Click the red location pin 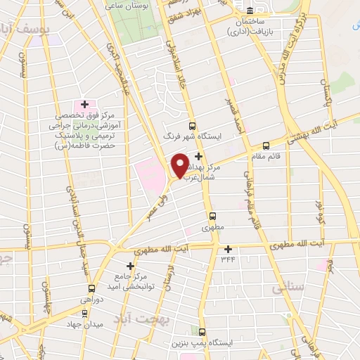click(x=181, y=164)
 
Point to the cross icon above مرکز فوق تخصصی click(x=84, y=104)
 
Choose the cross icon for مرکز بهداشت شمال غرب click(x=199, y=156)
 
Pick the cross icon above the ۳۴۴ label click(x=228, y=248)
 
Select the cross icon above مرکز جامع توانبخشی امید click(x=130, y=266)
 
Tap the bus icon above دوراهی click(x=91, y=288)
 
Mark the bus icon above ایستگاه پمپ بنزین click(x=202, y=332)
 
